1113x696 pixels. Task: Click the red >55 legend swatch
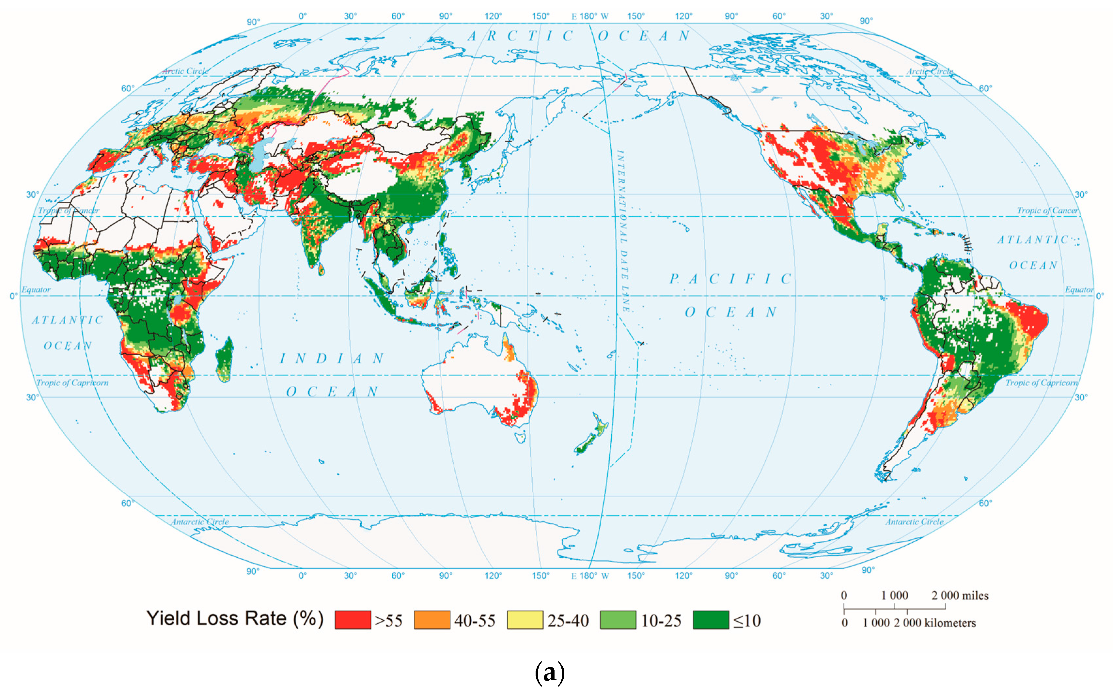click(x=353, y=620)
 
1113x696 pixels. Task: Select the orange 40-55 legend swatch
click(x=432, y=620)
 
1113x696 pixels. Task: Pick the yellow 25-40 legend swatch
click(x=525, y=620)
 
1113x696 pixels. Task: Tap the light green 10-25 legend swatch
click(x=618, y=620)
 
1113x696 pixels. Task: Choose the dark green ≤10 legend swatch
click(x=711, y=620)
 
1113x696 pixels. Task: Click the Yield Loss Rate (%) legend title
click(x=235, y=618)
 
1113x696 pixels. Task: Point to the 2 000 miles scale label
click(x=960, y=595)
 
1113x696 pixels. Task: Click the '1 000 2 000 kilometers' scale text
click(x=919, y=623)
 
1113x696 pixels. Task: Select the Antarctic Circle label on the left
click(x=200, y=521)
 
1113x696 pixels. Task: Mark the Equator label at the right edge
click(x=1078, y=289)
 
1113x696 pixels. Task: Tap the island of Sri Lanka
click(x=321, y=269)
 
